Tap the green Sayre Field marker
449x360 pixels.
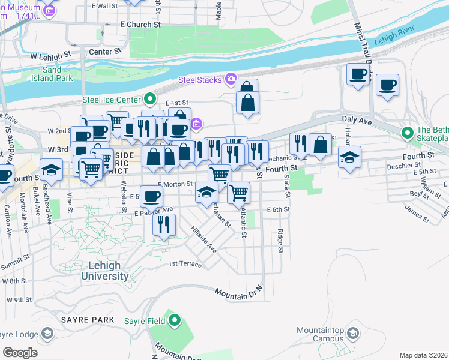174,320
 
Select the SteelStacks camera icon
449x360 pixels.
230,79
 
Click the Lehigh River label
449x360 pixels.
395,40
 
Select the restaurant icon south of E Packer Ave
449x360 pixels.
163,224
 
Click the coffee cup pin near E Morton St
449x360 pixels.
153,195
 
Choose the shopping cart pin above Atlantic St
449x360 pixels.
239,192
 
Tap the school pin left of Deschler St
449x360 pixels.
349,157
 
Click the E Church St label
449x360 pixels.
140,25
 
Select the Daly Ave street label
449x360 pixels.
354,119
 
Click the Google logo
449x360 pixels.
20,352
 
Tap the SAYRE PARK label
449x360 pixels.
87,320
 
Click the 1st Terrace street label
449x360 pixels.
185,263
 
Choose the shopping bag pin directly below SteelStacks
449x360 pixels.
247,102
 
